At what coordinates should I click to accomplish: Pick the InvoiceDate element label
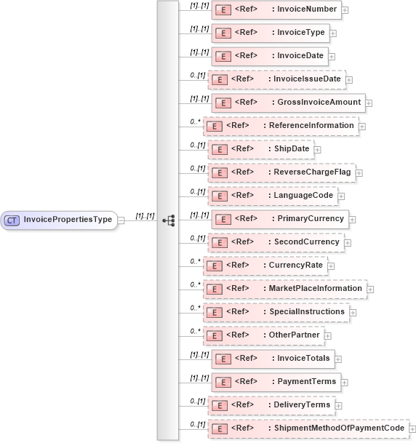(x=299, y=55)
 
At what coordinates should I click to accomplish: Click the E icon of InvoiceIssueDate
(x=220, y=79)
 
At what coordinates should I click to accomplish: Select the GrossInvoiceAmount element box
(x=287, y=103)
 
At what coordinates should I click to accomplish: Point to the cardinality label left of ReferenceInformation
(x=195, y=121)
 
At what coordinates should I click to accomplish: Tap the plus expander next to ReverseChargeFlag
(x=359, y=173)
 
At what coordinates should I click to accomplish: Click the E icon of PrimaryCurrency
(x=224, y=218)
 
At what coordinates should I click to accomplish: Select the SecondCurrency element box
(x=276, y=242)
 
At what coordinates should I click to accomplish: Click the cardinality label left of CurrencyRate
(x=195, y=261)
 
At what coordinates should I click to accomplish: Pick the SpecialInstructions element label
(x=306, y=311)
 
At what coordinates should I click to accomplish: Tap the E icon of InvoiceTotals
(x=224, y=359)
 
